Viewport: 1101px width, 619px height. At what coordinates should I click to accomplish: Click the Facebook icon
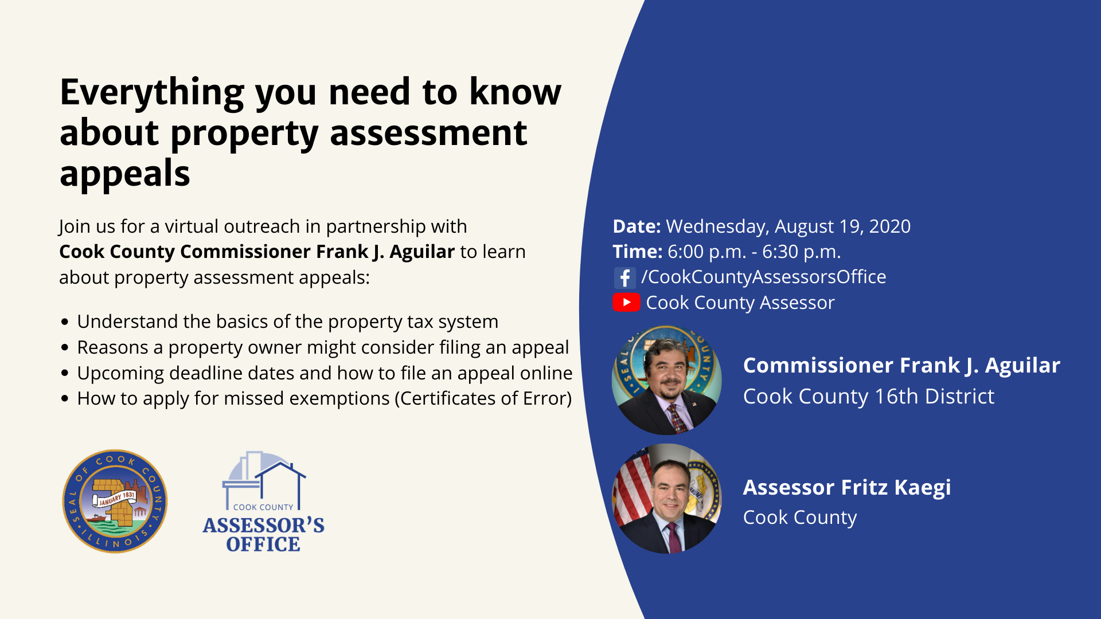[x=624, y=278]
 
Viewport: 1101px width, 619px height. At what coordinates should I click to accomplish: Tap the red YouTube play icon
[x=626, y=302]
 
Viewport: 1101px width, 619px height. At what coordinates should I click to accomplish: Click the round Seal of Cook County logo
[x=115, y=501]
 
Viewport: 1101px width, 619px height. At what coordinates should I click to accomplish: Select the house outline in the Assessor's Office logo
[x=280, y=484]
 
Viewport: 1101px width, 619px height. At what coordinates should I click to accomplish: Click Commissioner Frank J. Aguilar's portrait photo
[x=667, y=380]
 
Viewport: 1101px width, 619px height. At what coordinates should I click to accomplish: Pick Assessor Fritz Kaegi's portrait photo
[x=667, y=499]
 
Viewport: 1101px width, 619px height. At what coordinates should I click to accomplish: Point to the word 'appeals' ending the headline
[x=125, y=174]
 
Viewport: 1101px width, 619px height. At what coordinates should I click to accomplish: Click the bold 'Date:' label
[x=637, y=226]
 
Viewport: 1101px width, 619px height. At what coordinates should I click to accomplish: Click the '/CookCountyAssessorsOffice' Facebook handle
[x=764, y=277]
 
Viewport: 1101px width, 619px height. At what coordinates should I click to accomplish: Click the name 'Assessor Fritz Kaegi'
[x=847, y=487]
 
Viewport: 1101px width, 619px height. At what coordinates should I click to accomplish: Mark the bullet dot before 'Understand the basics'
[x=65, y=322]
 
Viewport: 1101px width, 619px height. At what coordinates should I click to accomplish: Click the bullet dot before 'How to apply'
[x=65, y=398]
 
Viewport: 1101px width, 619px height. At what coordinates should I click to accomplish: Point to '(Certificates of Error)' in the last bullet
[x=483, y=398]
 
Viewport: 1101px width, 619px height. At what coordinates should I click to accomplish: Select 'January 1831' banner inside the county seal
[x=116, y=498]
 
